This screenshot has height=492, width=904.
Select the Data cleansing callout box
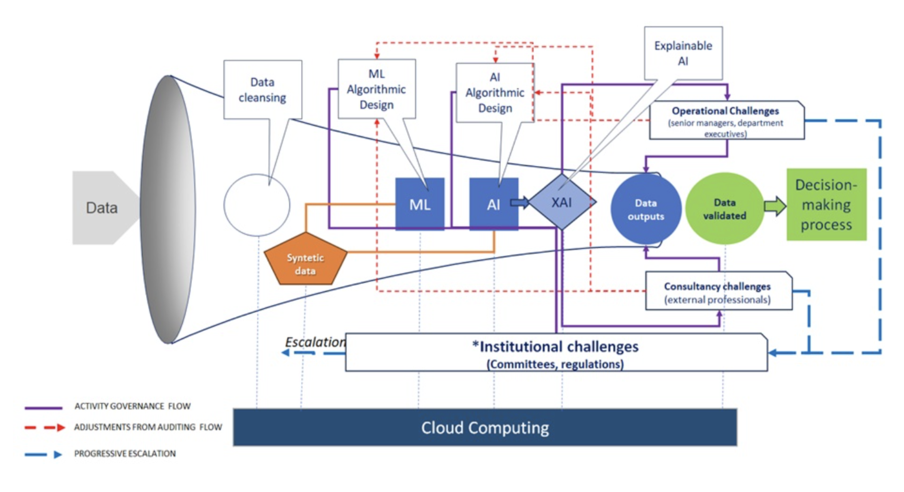click(263, 90)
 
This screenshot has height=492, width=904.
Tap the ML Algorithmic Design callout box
click(376, 89)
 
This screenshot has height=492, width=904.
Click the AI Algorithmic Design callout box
click(495, 92)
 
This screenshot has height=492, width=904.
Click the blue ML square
click(420, 204)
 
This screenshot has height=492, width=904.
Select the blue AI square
click(493, 204)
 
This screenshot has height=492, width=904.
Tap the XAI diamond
click(562, 202)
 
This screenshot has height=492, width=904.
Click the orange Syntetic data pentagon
click(305, 261)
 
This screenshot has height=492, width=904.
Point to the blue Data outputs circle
click(646, 209)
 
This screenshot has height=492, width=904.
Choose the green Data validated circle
click(724, 209)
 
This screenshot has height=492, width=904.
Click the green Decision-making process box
click(826, 205)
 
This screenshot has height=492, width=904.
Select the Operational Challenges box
click(726, 120)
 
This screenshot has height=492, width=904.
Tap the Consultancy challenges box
click(718, 292)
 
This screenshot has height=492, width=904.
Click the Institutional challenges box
click(556, 353)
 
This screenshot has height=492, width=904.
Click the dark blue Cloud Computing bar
click(485, 428)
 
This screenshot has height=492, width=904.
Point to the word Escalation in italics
click(315, 342)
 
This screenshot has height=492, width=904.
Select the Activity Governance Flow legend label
click(132, 406)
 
